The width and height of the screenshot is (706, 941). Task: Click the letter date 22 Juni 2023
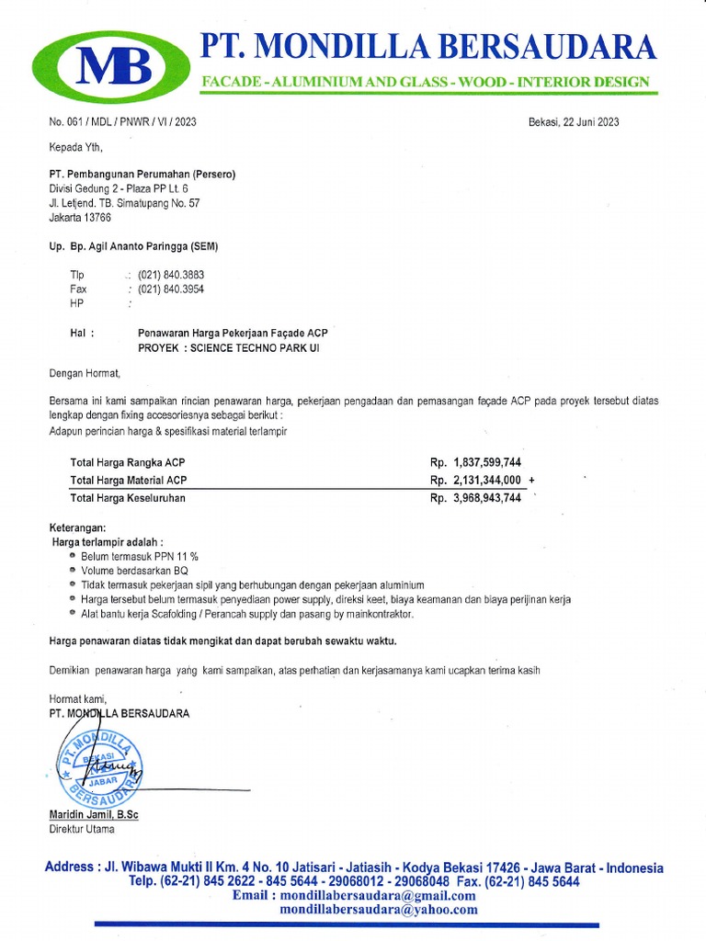pyautogui.click(x=574, y=122)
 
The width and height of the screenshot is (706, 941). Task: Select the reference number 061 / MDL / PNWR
pyautogui.click(x=122, y=122)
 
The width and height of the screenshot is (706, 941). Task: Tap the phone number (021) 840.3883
pyautogui.click(x=170, y=275)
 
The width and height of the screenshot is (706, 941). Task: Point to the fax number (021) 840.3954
pyautogui.click(x=170, y=289)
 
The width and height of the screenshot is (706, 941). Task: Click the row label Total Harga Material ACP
pyautogui.click(x=129, y=480)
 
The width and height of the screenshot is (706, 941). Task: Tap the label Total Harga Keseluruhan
pyautogui.click(x=128, y=498)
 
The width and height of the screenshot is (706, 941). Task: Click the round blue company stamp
pyautogui.click(x=98, y=763)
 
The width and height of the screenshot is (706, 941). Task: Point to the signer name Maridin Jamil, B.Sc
pyautogui.click(x=93, y=815)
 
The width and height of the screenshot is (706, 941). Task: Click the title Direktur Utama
pyautogui.click(x=82, y=829)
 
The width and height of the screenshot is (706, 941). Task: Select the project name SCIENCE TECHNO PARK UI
pyautogui.click(x=255, y=349)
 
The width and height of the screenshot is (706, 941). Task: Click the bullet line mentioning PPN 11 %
pyautogui.click(x=139, y=557)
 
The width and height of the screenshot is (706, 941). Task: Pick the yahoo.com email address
pyautogui.click(x=379, y=910)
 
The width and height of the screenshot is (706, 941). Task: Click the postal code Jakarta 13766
pyautogui.click(x=80, y=218)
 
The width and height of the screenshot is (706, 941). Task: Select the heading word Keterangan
pyautogui.click(x=78, y=529)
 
